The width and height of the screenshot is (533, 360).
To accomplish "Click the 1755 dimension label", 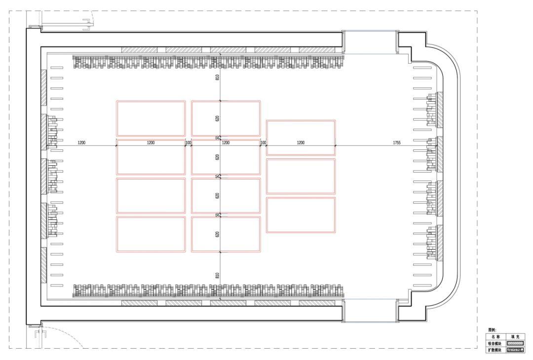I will (396, 143).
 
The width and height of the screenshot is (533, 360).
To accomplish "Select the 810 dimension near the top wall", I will (217, 77).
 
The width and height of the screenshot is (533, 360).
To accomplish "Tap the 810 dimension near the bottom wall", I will (217, 275).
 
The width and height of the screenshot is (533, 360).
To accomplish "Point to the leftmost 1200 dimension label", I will (81, 143).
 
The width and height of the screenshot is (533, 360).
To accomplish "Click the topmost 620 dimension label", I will (217, 119).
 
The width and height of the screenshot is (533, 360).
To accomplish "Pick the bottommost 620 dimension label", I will (217, 234).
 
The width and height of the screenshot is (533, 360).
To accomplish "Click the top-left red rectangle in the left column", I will (151, 118).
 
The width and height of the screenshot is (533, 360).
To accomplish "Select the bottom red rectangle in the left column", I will (151, 234).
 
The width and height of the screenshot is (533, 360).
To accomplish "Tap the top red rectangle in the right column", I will (301, 138).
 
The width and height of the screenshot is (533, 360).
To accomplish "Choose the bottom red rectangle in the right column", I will (301, 215).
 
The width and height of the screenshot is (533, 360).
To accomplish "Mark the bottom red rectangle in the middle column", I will (226, 234).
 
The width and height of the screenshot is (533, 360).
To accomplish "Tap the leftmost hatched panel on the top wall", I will (139, 50).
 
